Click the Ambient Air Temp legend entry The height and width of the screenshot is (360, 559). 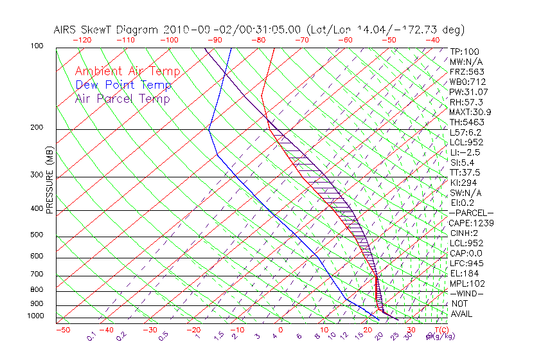128,71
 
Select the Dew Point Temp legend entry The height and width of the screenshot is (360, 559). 123,85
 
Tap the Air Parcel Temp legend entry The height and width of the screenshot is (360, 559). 123,98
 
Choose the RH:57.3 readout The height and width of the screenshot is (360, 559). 466,102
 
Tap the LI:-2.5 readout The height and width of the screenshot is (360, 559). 465,152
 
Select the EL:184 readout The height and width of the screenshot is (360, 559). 463,273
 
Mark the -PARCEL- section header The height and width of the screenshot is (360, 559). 471,213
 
